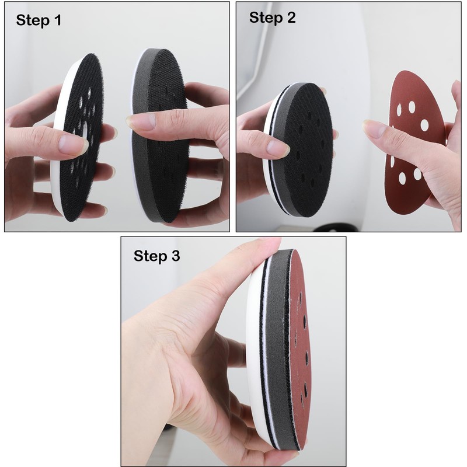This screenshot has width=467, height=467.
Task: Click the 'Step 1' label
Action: [39, 20]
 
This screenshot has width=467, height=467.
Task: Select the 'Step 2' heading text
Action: [273, 18]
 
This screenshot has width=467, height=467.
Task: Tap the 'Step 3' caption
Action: [157, 256]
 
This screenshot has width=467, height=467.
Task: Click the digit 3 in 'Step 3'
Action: [176, 256]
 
